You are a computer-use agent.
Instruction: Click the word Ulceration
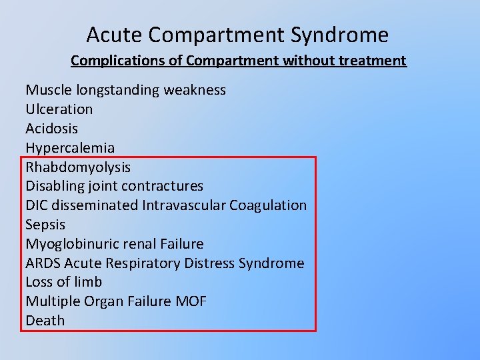[x=59, y=109]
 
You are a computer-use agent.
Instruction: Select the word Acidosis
[x=51, y=128]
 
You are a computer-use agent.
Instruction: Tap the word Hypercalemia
[x=70, y=147]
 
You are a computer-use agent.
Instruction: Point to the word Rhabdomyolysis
[x=78, y=167]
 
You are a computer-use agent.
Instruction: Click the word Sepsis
[x=45, y=225]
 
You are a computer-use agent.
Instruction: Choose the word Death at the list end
[x=45, y=321]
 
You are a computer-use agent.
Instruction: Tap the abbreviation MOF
[x=191, y=301]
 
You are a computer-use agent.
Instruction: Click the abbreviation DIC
[x=37, y=205]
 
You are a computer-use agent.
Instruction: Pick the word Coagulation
[x=268, y=205]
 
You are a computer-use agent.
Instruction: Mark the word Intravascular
[x=183, y=205]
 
